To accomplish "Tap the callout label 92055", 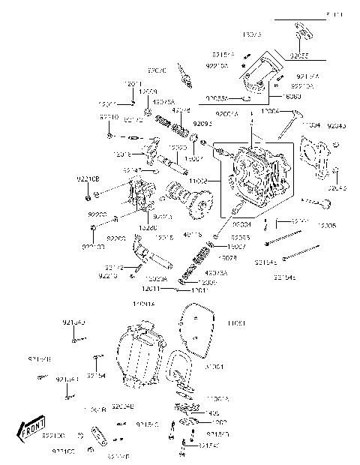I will [x=300, y=55].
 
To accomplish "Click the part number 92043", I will [x=337, y=125].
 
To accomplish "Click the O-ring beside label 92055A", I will [x=244, y=97].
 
